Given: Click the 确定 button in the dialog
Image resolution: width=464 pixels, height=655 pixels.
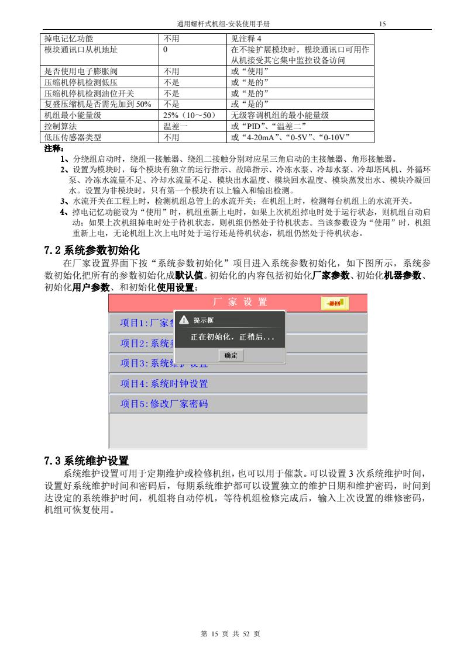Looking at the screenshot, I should (231, 355).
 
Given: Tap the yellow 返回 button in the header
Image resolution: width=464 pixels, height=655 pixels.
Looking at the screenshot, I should (335, 303).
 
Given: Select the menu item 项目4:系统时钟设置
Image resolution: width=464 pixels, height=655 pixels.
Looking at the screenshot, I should (164, 384).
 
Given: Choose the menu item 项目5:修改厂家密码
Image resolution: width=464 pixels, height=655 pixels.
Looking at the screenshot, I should (164, 404).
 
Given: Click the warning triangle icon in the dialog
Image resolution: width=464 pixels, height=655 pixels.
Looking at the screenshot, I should (184, 320).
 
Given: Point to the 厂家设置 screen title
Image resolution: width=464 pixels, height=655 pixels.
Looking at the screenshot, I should (239, 302).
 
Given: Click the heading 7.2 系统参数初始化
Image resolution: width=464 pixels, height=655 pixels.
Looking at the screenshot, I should (92, 251).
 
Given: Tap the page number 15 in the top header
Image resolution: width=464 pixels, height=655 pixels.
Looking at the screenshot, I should (383, 24).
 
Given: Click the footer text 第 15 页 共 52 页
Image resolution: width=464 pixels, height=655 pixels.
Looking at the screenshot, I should (231, 633).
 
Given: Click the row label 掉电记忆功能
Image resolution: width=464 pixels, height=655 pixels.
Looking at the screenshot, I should (69, 39).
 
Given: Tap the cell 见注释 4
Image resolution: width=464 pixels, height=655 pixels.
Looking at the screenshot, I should (246, 39).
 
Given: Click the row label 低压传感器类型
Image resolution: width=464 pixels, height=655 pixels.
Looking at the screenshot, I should (73, 137).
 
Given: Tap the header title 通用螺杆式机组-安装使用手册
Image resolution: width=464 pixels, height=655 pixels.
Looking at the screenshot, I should (227, 24).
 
